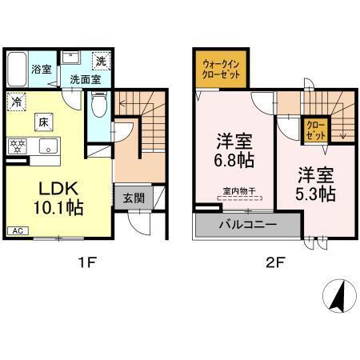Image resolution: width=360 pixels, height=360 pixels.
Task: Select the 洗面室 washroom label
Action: click(x=83, y=79)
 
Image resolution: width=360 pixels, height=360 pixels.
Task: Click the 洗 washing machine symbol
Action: click(x=101, y=61)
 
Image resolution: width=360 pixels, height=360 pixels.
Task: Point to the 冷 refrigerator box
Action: click(x=16, y=102)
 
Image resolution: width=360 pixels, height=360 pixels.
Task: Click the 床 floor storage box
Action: click(x=44, y=122)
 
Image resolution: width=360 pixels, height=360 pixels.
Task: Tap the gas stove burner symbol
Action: click(x=17, y=147)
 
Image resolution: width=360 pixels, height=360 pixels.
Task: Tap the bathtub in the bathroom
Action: click(x=16, y=70)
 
